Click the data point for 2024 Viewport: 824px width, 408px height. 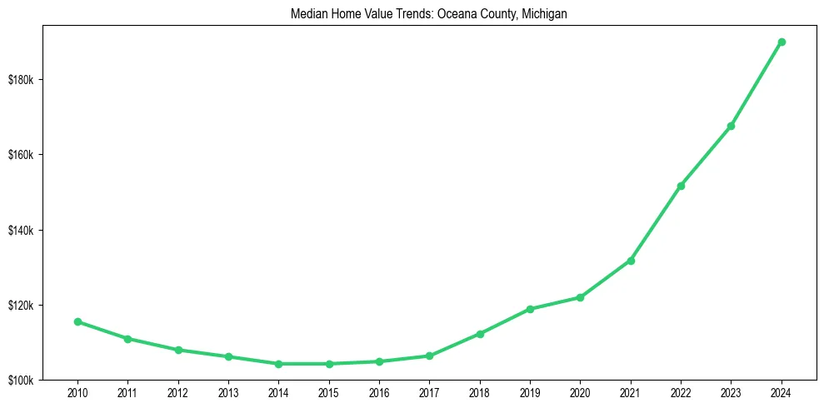(x=782, y=42)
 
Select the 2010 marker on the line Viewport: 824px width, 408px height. (x=77, y=321)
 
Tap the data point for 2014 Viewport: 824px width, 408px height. (x=278, y=364)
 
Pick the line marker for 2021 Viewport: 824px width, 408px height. (x=631, y=261)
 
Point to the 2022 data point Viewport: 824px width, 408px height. (x=681, y=186)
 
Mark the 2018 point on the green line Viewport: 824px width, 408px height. (x=480, y=334)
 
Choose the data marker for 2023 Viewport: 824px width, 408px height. (x=731, y=126)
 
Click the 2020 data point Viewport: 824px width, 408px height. (x=580, y=297)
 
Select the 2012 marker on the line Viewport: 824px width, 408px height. (x=177, y=350)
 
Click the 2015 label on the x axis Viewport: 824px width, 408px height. (x=328, y=392)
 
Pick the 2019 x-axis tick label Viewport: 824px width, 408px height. (x=530, y=392)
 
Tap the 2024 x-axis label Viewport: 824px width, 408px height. (x=782, y=392)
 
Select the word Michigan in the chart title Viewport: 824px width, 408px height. (x=545, y=14)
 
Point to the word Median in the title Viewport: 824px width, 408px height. (x=308, y=14)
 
